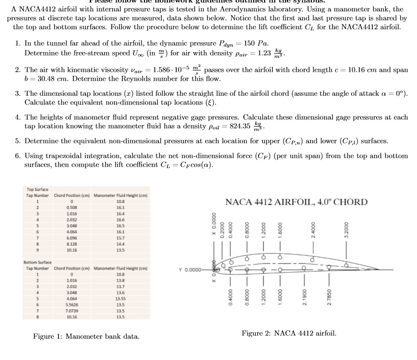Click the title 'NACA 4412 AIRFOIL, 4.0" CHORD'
(x=296, y=202)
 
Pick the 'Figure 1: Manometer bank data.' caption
(x=86, y=337)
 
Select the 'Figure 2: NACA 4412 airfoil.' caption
(x=289, y=333)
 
